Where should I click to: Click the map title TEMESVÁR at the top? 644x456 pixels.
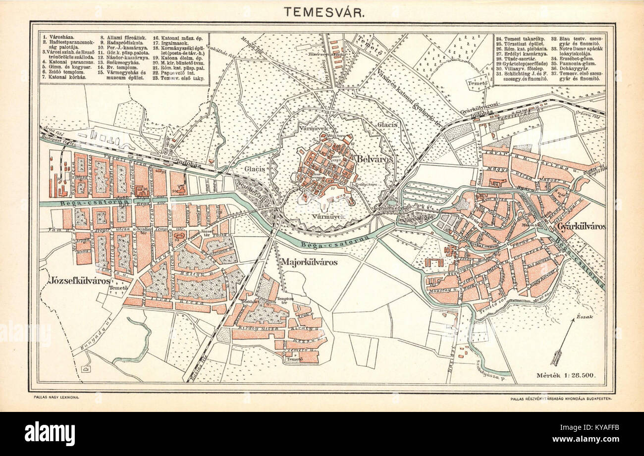click(x=325, y=11)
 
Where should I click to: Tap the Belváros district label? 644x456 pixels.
click(x=374, y=159)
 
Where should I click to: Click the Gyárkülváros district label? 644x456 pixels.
click(x=581, y=227)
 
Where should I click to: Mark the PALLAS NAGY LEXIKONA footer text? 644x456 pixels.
click(x=56, y=397)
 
